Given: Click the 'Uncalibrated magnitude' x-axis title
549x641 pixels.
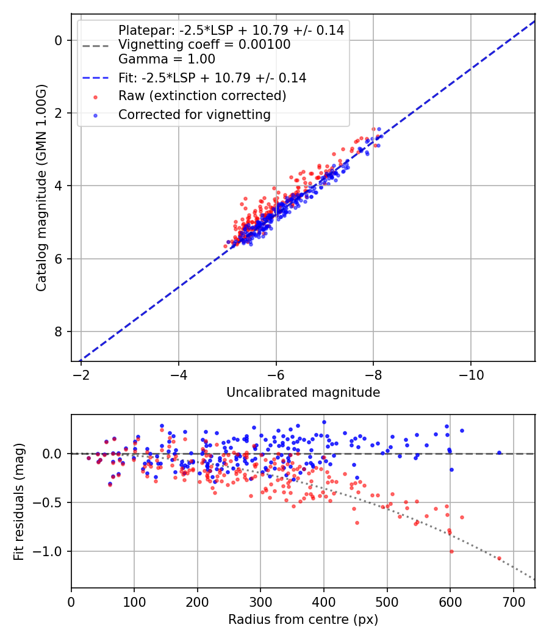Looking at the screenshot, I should [303, 393].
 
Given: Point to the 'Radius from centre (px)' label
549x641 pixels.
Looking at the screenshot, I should [303, 620].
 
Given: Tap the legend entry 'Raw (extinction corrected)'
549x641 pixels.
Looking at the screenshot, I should [202, 96].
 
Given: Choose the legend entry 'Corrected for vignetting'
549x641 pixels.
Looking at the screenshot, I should [194, 114].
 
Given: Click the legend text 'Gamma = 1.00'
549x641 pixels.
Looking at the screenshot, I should [167, 59].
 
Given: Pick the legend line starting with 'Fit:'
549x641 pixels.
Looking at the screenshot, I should [212, 78].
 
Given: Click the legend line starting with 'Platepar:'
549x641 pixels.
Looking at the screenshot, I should [231, 30].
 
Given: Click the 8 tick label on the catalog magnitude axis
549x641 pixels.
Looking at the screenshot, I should [59, 331].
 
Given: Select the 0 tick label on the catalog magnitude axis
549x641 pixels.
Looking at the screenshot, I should [59, 40].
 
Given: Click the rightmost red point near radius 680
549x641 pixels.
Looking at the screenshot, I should [499, 558].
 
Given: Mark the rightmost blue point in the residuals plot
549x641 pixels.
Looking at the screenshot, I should [499, 452].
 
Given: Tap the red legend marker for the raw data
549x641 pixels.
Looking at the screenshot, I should [95, 96].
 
